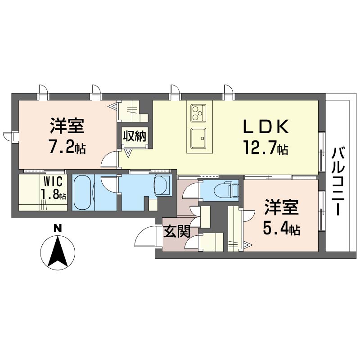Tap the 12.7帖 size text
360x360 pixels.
(265, 148)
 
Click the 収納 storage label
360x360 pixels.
(135, 136)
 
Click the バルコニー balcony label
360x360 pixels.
(339, 182)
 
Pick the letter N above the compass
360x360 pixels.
(58, 229)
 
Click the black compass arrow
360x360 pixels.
(58, 252)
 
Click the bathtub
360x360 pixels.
(83, 193)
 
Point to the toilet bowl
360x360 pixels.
(222, 190)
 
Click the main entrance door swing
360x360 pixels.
(146, 237)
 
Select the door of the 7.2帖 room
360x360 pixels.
(110, 160)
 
